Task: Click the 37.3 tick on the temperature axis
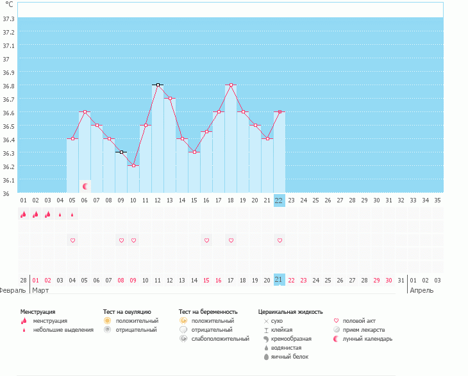tap(9, 19)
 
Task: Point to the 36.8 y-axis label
tap(9, 86)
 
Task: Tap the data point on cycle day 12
tap(158, 85)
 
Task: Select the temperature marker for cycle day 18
tap(231, 85)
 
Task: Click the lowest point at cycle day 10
tap(133, 165)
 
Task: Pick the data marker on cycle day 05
tap(72, 138)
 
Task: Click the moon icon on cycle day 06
tap(85, 186)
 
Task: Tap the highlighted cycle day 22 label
tap(279, 200)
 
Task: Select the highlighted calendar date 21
tap(279, 280)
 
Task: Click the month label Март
tap(40, 290)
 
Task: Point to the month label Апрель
tap(422, 290)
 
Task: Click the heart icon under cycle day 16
tap(206, 241)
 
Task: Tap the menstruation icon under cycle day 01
tap(24, 215)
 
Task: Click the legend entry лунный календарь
tap(367, 339)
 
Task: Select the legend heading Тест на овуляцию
tap(127, 311)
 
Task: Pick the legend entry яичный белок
tap(287, 357)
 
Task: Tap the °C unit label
tap(9, 4)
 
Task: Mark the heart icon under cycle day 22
tap(280, 241)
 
